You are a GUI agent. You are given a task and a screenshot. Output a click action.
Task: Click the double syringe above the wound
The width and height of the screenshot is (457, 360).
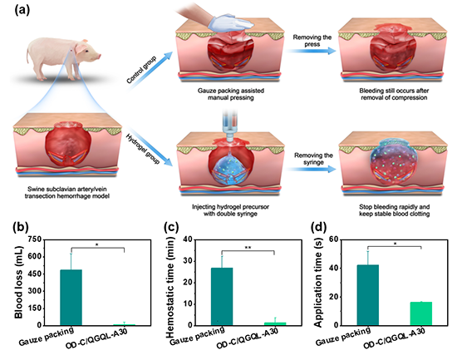point(230,126)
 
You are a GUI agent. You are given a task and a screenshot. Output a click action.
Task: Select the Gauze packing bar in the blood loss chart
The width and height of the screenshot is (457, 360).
point(71,298)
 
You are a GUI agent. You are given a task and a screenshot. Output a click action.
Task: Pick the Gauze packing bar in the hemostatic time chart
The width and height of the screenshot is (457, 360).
point(222,297)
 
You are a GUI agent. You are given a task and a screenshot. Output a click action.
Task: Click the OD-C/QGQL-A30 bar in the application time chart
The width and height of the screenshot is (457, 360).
point(421,313)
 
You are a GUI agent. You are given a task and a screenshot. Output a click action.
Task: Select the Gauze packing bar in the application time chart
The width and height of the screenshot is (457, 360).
point(368,295)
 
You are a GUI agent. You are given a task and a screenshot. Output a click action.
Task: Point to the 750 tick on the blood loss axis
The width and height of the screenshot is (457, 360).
point(35,239)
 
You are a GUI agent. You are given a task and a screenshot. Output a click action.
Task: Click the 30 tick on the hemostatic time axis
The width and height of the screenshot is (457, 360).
point(188,261)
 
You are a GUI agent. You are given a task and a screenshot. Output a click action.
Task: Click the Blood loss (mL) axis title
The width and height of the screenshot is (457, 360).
point(18,282)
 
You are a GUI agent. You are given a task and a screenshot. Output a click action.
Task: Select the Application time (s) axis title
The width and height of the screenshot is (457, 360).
point(318,282)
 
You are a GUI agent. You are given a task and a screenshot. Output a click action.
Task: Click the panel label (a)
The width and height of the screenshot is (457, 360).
point(22,11)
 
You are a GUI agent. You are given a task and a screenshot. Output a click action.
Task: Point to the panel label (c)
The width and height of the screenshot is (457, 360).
point(171,227)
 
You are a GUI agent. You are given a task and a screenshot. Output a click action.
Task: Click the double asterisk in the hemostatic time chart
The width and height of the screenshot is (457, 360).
point(248,248)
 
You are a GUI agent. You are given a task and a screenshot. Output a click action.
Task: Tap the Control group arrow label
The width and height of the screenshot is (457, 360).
point(141,70)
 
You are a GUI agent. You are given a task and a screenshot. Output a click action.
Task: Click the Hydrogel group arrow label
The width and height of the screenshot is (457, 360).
point(143,149)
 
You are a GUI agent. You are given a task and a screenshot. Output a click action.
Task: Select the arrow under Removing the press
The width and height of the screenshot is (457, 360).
point(311,51)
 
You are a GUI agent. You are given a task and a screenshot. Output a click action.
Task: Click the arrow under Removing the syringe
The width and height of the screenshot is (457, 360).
point(311,170)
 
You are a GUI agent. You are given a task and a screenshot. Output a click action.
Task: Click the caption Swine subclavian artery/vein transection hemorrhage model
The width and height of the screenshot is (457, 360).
point(67,193)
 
